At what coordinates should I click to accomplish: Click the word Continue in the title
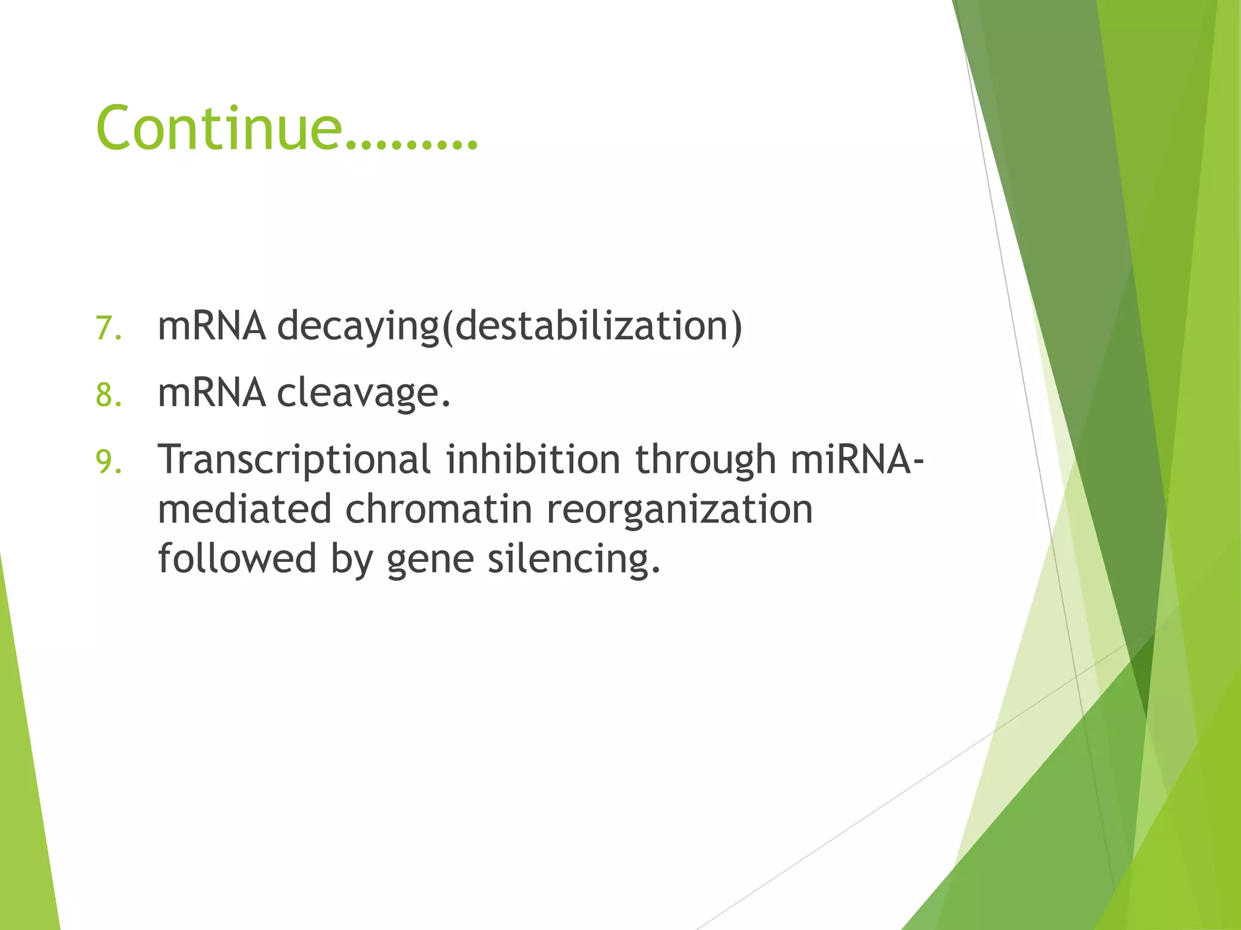pos(218,128)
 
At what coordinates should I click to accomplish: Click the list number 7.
pos(108,329)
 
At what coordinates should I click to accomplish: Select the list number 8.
pos(108,395)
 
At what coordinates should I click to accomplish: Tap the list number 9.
pos(108,462)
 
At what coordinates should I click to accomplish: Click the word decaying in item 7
pos(358,327)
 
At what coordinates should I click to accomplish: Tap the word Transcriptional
pos(294,460)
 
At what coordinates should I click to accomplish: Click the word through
pos(705,460)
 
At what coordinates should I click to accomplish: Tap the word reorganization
pos(679,510)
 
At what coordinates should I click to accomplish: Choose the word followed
pos(237,558)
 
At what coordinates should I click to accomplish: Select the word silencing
pos(572,559)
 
